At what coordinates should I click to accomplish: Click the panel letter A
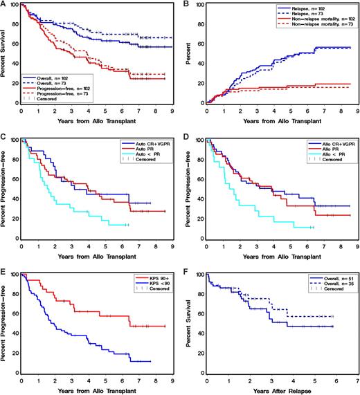[x=5, y=4]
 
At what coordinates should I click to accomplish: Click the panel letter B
[x=188, y=4]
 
